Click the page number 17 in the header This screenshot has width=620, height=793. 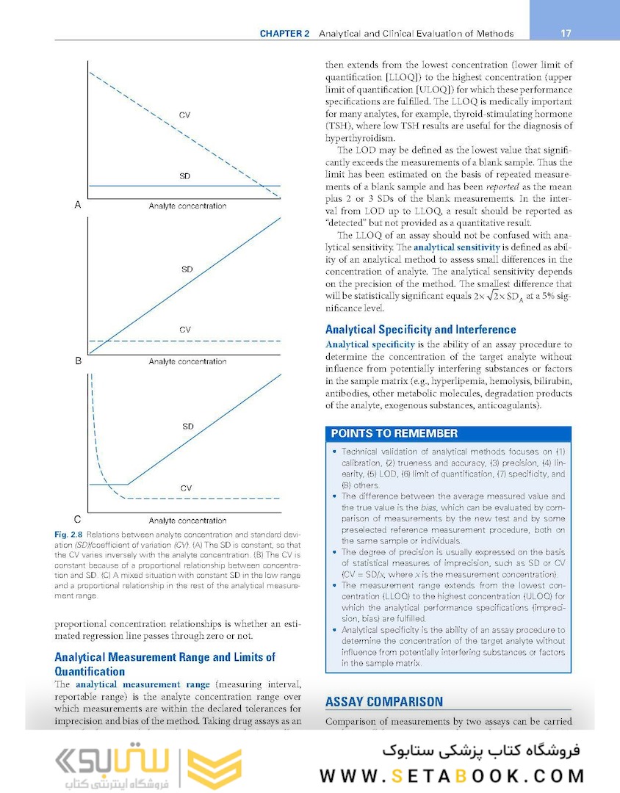566,34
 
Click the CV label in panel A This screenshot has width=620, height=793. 185,115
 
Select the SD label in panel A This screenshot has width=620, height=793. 185,177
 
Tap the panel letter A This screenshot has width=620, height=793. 78,206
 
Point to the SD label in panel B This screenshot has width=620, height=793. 187,269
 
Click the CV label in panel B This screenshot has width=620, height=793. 185,330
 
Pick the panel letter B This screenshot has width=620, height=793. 78,361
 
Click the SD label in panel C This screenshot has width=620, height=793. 188,426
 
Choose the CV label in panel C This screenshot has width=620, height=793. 187,488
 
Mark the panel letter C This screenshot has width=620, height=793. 78,518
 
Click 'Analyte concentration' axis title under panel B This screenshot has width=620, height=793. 187,362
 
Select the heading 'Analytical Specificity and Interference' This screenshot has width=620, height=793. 420,330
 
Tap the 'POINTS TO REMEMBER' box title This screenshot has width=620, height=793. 394,433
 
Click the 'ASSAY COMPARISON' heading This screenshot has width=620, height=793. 383,702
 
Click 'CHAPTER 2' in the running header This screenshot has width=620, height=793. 285,34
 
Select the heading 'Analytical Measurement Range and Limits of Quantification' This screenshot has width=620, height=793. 165,664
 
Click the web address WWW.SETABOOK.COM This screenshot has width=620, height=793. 452,776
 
